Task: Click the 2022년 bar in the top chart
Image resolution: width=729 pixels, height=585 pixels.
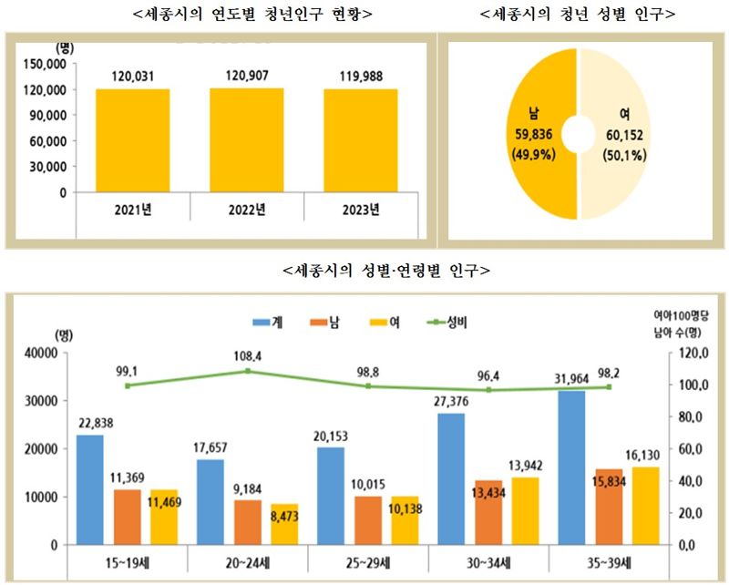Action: [x=246, y=140]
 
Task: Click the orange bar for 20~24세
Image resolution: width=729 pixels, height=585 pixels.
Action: [x=247, y=521]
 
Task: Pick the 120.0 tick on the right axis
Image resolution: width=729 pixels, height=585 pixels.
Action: [x=691, y=354]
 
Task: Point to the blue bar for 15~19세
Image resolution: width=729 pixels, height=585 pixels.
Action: [x=89, y=489]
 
